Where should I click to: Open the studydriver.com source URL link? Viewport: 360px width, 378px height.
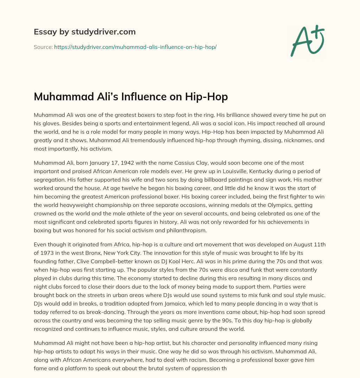(x=135, y=47)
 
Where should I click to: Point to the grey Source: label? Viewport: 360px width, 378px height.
(x=43, y=47)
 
